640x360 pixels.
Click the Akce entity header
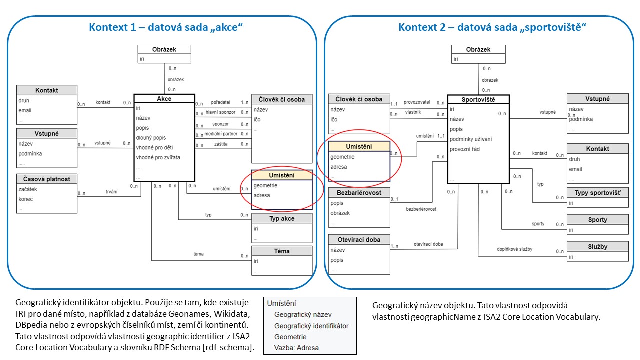[164, 99]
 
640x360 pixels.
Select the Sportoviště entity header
[478, 99]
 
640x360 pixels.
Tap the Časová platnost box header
[47, 179]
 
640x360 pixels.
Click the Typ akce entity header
[282, 218]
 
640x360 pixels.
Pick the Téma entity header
[282, 251]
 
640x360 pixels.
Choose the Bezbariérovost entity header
[359, 193]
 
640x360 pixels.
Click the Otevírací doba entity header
[359, 240]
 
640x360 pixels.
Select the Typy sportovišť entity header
[598, 192]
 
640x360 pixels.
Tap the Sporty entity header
[598, 219]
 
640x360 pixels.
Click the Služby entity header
[598, 246]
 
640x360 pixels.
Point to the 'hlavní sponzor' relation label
[220, 112]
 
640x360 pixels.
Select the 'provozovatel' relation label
[417, 102]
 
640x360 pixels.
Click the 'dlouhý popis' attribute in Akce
[152, 138]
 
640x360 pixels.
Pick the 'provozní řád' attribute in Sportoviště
[465, 149]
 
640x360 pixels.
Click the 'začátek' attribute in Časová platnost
[28, 189]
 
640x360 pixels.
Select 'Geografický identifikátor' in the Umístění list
[311, 326]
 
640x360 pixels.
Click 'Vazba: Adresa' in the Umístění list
[296, 348]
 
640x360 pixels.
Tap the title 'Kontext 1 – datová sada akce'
[165, 27]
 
